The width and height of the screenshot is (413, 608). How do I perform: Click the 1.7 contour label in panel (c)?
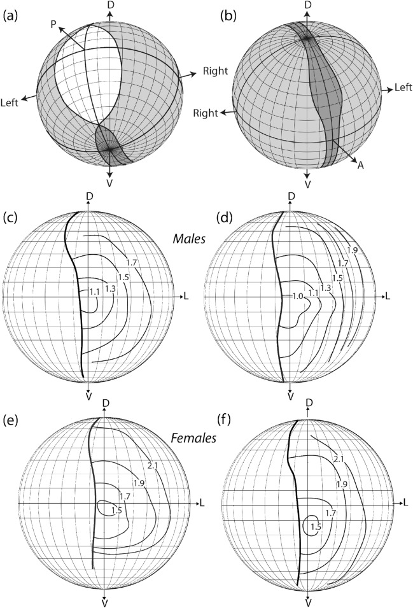131,262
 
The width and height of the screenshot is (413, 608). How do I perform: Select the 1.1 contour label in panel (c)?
94,292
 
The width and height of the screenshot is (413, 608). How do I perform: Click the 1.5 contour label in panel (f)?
317,527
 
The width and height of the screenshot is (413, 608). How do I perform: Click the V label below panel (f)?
308,602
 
